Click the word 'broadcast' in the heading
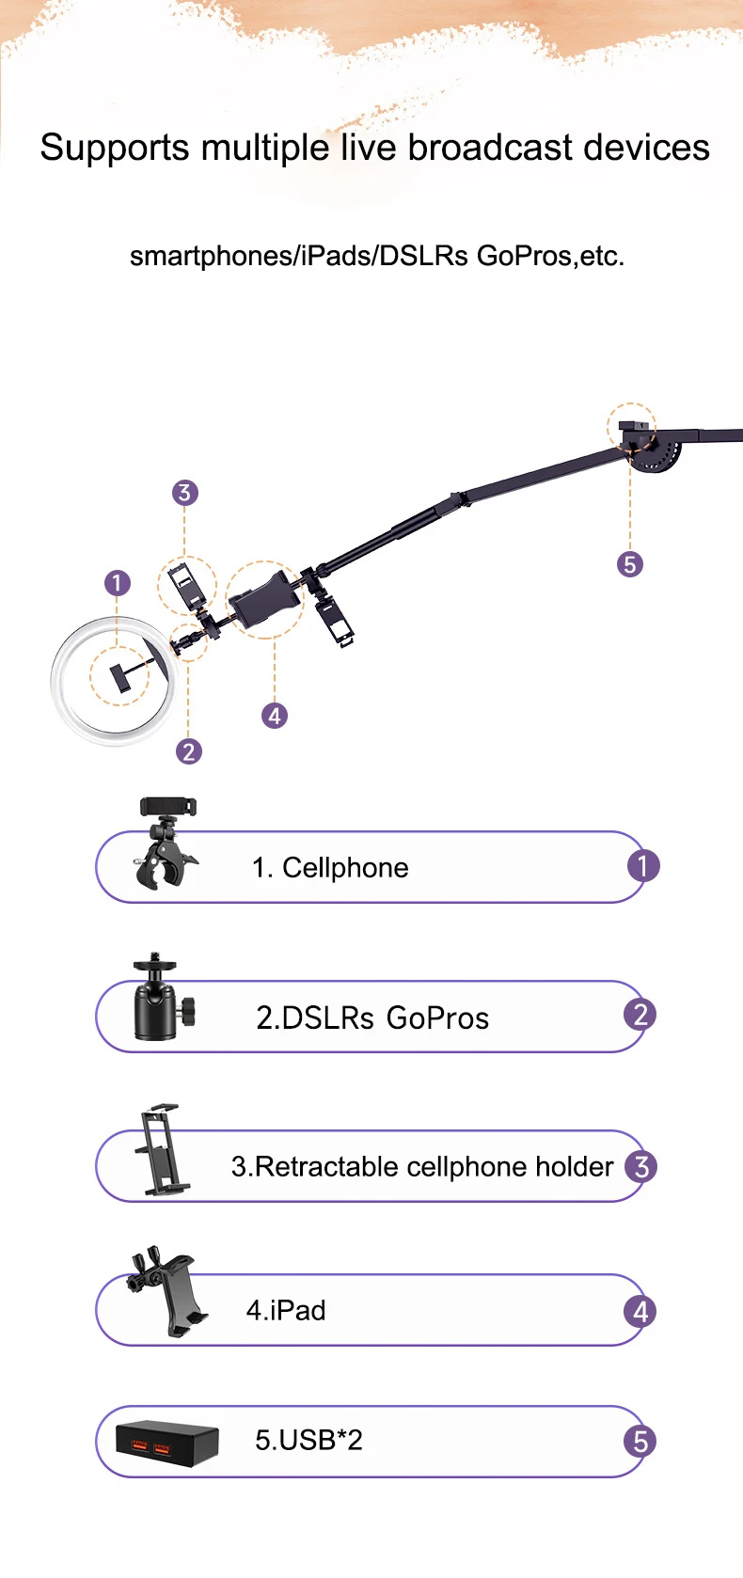click(489, 148)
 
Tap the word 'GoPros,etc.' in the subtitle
click(551, 256)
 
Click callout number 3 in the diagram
click(184, 493)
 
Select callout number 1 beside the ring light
click(118, 583)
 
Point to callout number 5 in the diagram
click(629, 564)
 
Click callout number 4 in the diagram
click(275, 716)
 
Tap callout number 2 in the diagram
click(189, 751)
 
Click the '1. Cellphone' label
click(330, 868)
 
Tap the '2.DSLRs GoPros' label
click(371, 1018)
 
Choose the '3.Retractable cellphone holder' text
click(422, 1167)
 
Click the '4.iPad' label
click(286, 1310)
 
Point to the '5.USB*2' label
click(308, 1440)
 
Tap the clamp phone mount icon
click(166, 843)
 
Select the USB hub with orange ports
click(166, 1443)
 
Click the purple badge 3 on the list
click(640, 1167)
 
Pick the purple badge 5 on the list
click(640, 1442)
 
